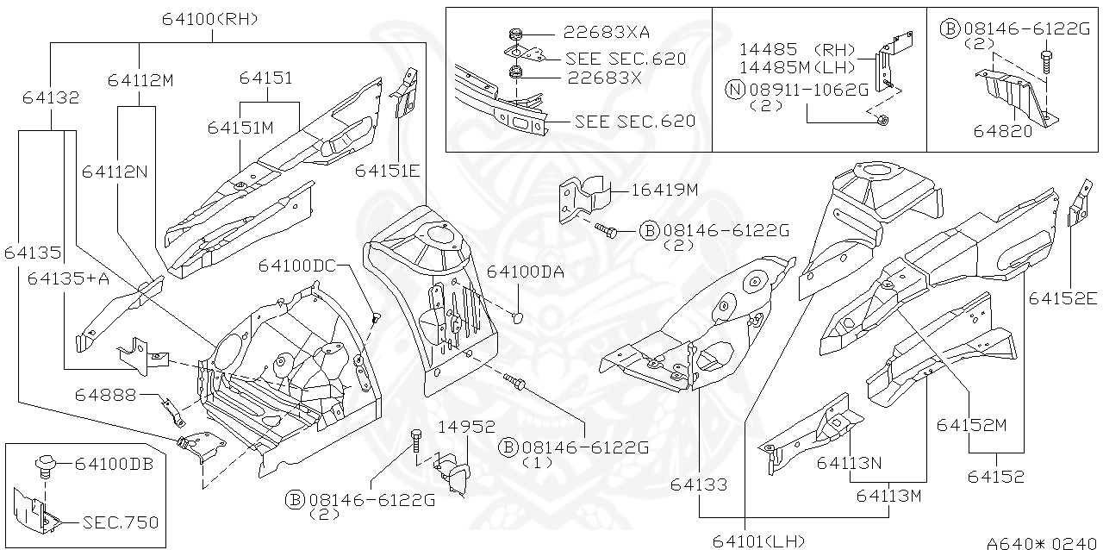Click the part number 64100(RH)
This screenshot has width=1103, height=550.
[209, 19]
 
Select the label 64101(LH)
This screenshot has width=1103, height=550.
[758, 541]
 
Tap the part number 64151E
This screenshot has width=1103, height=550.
[388, 171]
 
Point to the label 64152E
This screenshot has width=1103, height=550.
[1062, 298]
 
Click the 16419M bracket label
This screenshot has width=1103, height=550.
[664, 191]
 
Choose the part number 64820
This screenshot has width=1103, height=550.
[1002, 130]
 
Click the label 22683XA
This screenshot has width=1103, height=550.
[607, 33]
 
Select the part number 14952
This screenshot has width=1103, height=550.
[466, 427]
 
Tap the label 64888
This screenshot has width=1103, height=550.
[104, 395]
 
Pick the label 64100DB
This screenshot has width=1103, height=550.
[114, 464]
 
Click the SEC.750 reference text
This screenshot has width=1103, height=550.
[121, 522]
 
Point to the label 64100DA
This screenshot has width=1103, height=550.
[526, 272]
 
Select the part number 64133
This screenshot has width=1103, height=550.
[700, 486]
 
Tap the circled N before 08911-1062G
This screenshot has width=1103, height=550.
[733, 91]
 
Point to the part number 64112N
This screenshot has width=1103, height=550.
[115, 172]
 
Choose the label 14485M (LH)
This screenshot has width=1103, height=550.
[797, 67]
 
